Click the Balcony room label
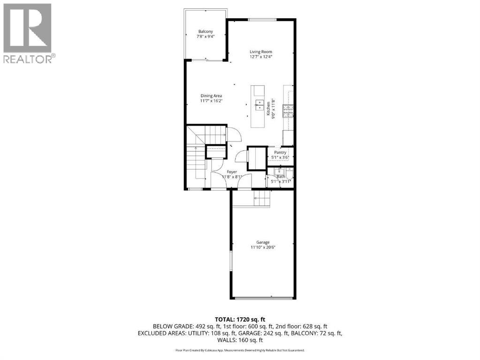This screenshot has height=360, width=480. point(206,32)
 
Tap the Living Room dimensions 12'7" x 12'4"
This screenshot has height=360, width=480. point(260,56)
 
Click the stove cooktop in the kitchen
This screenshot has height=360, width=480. point(288,110)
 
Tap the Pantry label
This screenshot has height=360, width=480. point(281,152)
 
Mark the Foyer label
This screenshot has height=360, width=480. point(232,172)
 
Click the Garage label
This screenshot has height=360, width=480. point(263,242)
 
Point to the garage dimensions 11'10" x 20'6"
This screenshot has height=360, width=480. point(263,247)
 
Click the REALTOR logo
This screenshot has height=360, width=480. point(28,33)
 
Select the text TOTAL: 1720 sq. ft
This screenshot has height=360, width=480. point(240,319)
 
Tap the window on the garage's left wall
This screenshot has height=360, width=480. point(230,260)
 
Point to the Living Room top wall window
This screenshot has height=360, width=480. point(262,19)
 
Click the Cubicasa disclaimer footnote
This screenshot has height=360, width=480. point(240,350)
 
